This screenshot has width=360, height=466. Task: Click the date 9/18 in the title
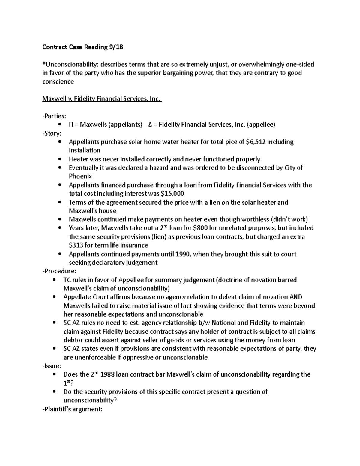point(115,47)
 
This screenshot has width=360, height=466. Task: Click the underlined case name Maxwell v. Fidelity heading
point(102,99)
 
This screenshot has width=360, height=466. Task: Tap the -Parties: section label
point(54,116)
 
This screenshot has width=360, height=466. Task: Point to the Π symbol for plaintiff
point(71,125)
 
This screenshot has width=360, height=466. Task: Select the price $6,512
point(255,142)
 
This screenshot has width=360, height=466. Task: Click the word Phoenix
point(80,176)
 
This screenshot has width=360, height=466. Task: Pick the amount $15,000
point(172,194)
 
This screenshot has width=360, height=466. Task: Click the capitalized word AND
point(295,297)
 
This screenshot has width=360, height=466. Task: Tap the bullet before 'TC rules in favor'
point(54,280)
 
